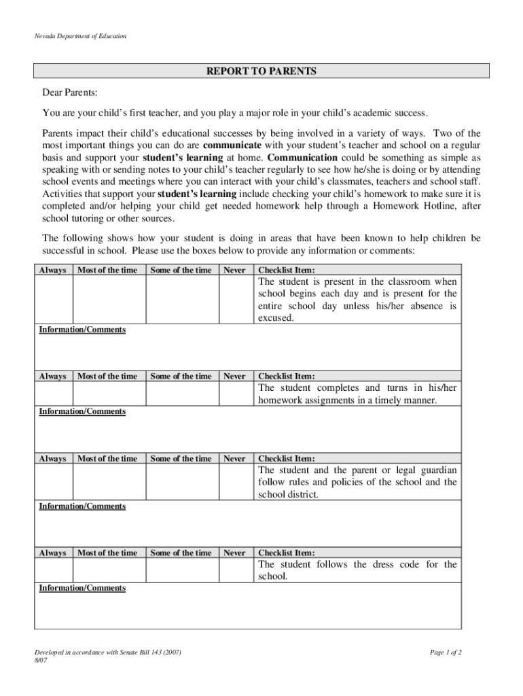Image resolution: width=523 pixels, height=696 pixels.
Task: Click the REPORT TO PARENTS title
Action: coord(261,71)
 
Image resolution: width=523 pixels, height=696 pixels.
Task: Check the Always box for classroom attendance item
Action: coord(54,300)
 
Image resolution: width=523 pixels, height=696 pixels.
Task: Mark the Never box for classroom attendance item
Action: coord(235,300)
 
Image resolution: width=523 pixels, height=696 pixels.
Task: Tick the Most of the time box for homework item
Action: coord(109,394)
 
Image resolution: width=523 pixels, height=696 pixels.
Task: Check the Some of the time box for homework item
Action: coord(182,394)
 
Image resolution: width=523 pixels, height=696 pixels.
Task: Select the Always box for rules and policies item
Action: coord(54,482)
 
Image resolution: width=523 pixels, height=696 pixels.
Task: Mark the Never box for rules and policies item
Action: coord(235,482)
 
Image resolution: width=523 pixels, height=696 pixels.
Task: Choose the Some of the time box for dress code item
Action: coord(182,570)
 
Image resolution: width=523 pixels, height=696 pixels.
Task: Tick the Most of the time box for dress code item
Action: coord(109,570)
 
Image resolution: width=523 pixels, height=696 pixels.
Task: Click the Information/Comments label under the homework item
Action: coord(82,411)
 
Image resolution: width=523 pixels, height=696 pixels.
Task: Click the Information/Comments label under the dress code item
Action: coord(82,588)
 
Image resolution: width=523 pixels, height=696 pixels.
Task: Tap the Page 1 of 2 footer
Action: coord(446,652)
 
